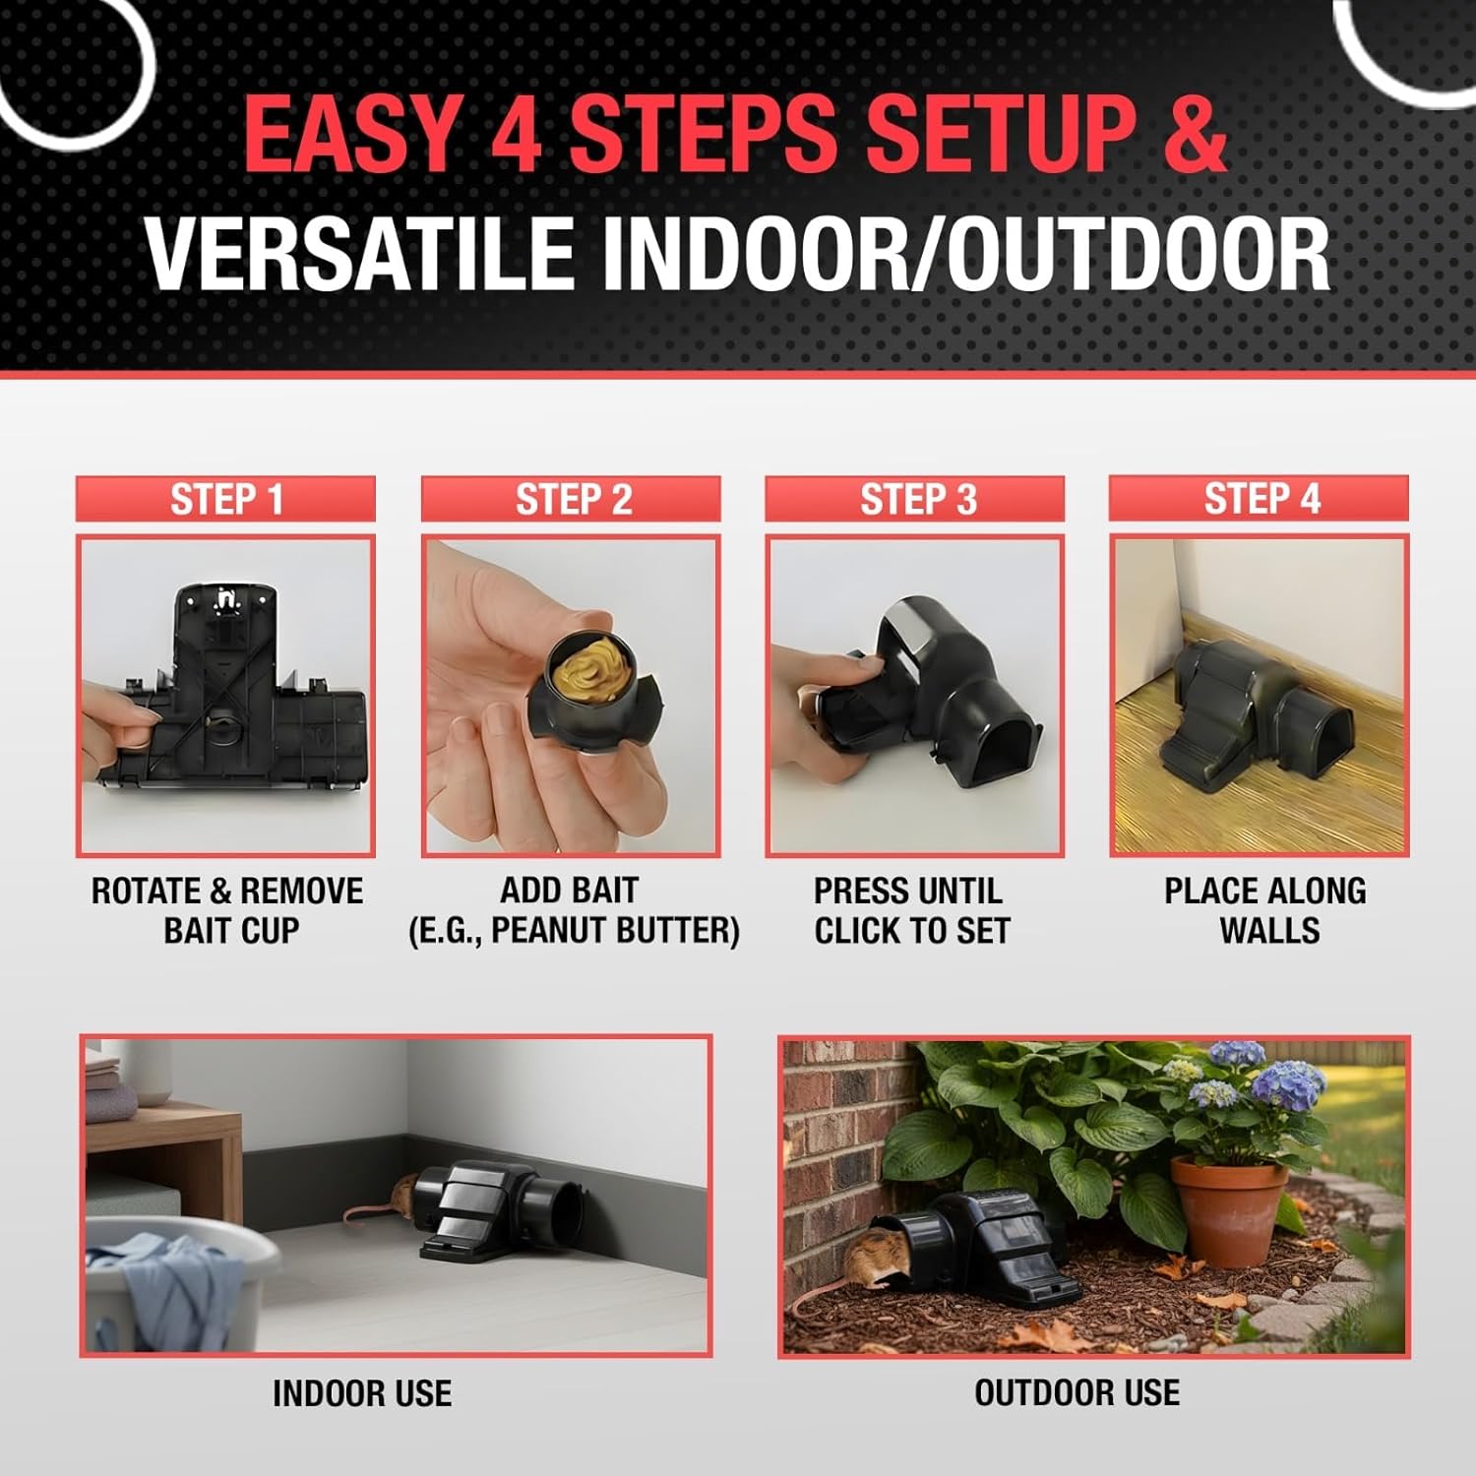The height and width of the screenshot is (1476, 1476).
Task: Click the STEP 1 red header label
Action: [225, 499]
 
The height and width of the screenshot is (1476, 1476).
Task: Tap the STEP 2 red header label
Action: [571, 499]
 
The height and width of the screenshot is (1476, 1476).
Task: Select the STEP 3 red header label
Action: [915, 499]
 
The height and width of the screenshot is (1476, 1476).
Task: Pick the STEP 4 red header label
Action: [1260, 498]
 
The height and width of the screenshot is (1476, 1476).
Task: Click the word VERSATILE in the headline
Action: [361, 254]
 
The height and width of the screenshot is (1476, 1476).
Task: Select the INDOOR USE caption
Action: [362, 1393]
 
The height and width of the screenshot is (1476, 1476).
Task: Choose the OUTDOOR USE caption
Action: [1077, 1392]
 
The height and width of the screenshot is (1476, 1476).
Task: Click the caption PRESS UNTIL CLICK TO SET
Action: [912, 911]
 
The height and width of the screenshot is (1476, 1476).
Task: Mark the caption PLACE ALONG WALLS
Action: [1266, 911]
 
